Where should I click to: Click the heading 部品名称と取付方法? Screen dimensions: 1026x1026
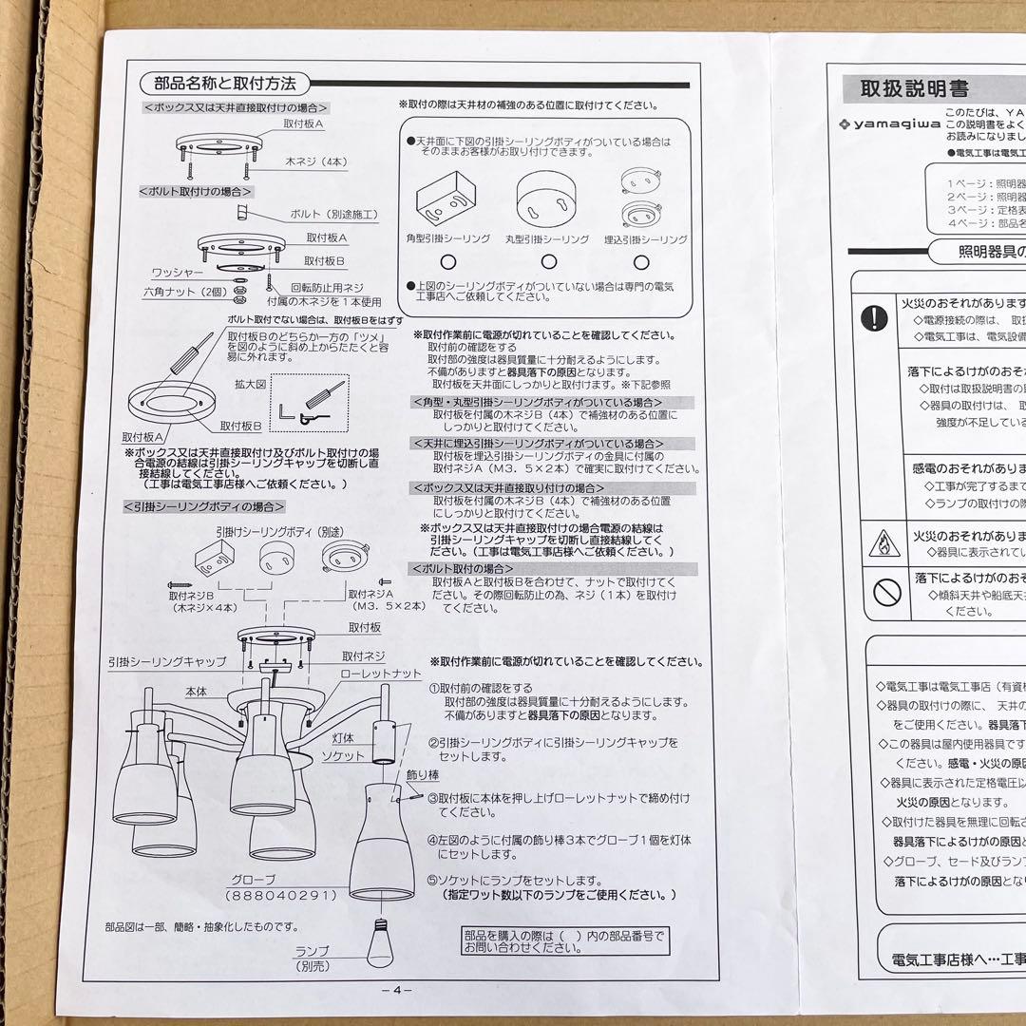click(x=218, y=84)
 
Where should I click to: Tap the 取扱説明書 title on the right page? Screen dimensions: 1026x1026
click(x=914, y=89)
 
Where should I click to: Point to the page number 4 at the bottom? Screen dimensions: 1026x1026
click(x=397, y=989)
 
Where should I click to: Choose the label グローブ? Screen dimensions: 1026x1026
click(x=253, y=879)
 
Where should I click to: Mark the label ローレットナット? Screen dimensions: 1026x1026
click(x=380, y=674)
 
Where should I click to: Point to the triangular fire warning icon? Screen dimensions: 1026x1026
click(x=883, y=541)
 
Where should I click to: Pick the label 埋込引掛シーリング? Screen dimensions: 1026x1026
click(x=645, y=239)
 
